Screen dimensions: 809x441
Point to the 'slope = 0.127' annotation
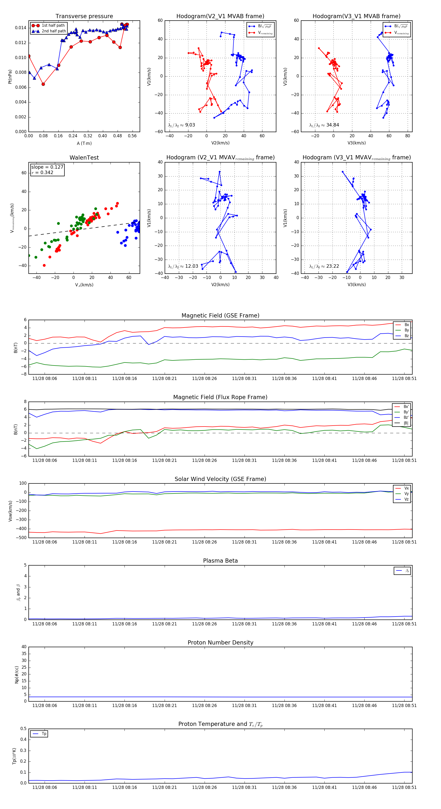pyautogui.click(x=47, y=167)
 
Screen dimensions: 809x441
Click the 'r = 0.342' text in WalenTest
pyautogui.click(x=42, y=172)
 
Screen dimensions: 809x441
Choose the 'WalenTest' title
pyautogui.click(x=84, y=158)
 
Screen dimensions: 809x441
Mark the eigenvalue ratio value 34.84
pyautogui.click(x=332, y=125)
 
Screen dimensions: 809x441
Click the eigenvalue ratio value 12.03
pyautogui.click(x=191, y=266)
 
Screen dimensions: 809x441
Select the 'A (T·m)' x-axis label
pyautogui.click(x=84, y=143)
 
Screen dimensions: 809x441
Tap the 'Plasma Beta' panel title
pyautogui.click(x=220, y=561)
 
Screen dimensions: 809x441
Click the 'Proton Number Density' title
pyautogui.click(x=220, y=643)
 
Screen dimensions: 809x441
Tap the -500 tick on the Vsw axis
pyautogui.click(x=22, y=538)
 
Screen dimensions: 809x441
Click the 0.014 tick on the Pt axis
pyautogui.click(x=21, y=28)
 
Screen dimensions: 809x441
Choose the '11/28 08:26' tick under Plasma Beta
pyautogui.click(x=204, y=624)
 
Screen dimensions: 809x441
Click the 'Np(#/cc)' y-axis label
pyautogui.click(x=17, y=675)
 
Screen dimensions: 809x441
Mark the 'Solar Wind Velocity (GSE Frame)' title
pyautogui.click(x=220, y=479)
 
